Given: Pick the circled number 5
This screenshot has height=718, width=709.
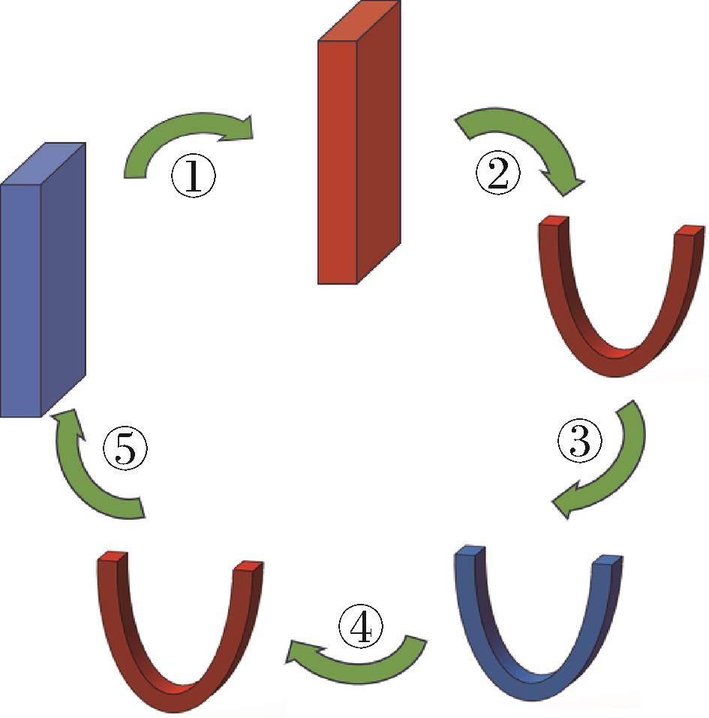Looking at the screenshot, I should tap(125, 449).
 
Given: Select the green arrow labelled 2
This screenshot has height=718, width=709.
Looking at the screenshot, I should tap(525, 143).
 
